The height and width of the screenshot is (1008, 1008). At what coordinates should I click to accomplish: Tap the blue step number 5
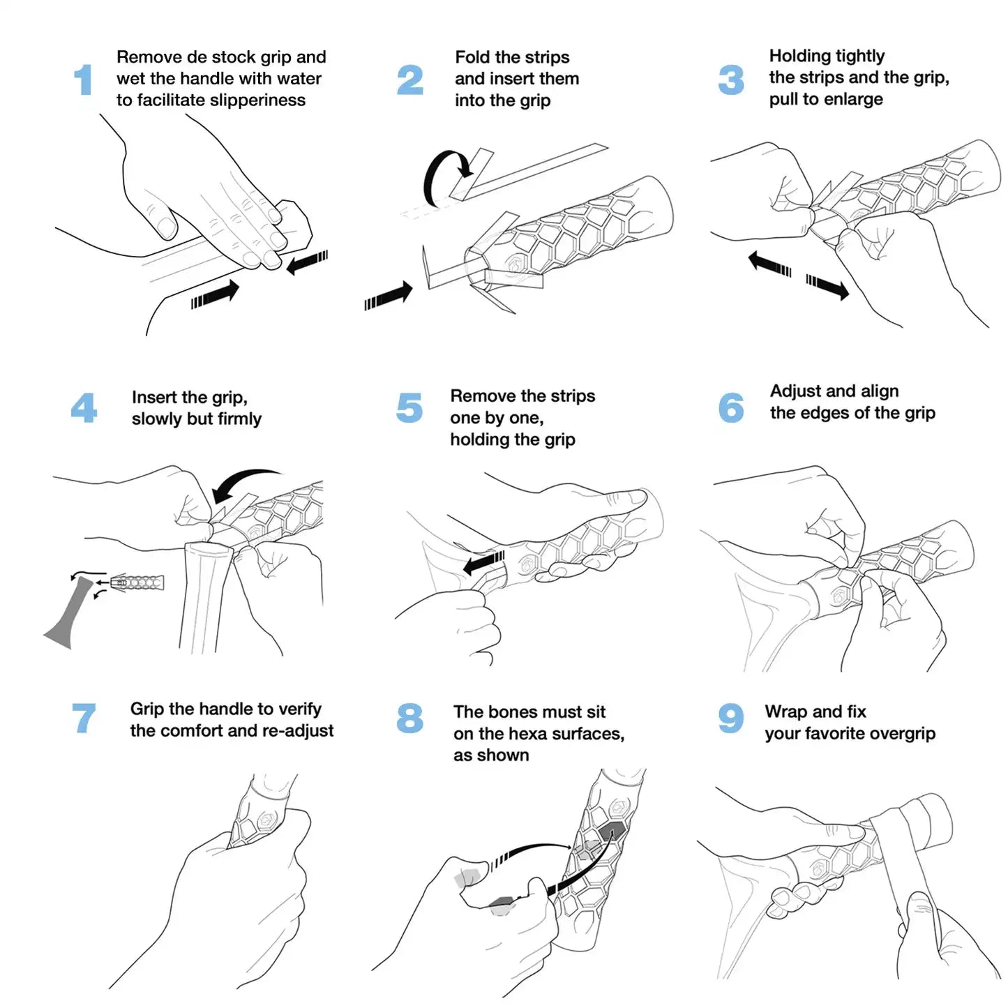click(x=409, y=408)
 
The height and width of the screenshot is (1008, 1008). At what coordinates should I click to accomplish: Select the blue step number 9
click(x=730, y=718)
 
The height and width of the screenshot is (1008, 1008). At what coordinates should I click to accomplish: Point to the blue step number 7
click(x=84, y=718)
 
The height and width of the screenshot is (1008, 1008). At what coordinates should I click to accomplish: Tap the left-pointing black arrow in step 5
click(x=483, y=562)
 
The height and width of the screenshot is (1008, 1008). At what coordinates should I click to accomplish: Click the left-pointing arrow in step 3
click(x=769, y=264)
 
